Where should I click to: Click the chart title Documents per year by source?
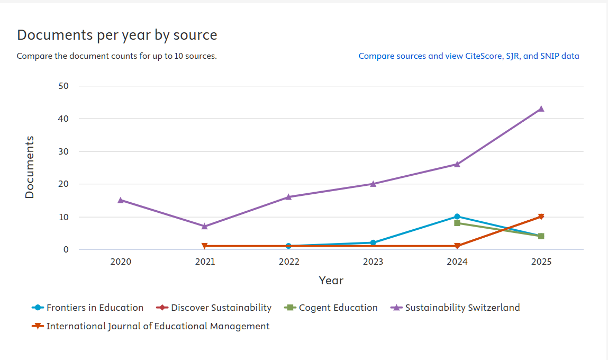pos(117,35)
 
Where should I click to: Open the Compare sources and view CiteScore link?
pos(468,56)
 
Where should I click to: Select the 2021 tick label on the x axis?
pos(205,262)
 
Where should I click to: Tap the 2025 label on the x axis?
pos(541,262)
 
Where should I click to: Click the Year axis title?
pos(331,281)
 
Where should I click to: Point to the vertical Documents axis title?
pos(30,167)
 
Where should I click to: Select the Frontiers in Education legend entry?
pos(88,308)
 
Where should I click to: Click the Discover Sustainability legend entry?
pos(214,308)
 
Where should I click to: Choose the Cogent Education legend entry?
pos(331,308)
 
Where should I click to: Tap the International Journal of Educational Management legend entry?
pos(151,326)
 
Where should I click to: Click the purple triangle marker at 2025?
pos(541,109)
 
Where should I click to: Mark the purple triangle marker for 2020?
pos(121,200)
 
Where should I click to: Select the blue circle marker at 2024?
pos(457,217)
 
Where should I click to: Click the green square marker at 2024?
pos(457,223)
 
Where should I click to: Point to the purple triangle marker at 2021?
pos(205,226)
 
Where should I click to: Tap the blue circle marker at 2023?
pos(373,242)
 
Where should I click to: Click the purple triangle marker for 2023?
pos(373,184)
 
